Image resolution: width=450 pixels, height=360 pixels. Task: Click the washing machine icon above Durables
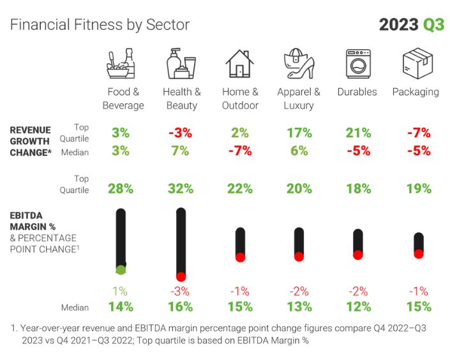(x=358, y=64)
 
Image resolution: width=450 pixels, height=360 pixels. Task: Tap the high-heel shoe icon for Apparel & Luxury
(x=299, y=64)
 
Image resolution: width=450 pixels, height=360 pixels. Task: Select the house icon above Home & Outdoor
(x=240, y=64)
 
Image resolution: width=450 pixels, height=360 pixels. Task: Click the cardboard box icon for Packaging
(x=415, y=64)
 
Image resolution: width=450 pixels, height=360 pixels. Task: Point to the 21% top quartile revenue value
(x=358, y=133)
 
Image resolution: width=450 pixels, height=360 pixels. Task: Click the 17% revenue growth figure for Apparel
(x=299, y=133)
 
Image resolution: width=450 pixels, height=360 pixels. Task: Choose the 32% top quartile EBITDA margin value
(x=181, y=188)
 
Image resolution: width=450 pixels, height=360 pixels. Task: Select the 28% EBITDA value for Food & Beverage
(x=120, y=188)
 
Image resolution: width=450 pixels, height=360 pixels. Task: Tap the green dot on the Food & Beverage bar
(x=120, y=269)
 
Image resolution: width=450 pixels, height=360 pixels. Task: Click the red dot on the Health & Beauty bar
(x=181, y=276)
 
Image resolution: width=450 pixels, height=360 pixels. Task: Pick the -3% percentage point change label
(x=181, y=291)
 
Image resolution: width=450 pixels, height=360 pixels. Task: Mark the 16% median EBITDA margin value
(x=181, y=307)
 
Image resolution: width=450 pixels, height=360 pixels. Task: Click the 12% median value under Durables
(x=358, y=307)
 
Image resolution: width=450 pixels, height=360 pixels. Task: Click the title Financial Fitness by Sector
(x=100, y=25)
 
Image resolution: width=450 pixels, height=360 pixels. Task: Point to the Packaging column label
(x=416, y=92)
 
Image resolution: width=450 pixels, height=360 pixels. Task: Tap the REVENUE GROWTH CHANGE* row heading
(x=30, y=141)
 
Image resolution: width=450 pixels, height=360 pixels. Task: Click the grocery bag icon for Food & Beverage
(x=121, y=64)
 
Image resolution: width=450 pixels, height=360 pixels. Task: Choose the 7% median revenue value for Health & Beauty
(x=181, y=151)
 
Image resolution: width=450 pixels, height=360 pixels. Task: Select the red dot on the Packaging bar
(x=418, y=253)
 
